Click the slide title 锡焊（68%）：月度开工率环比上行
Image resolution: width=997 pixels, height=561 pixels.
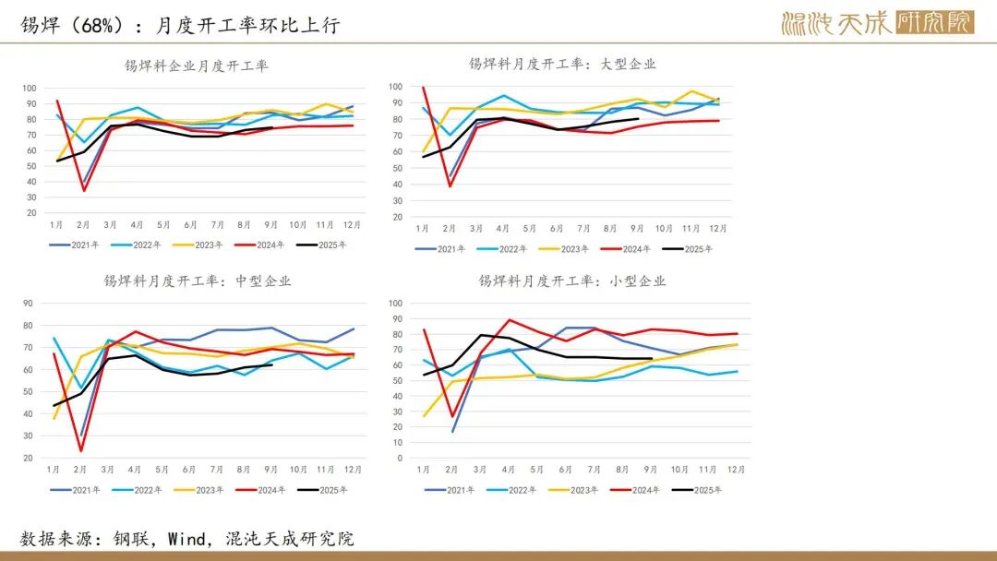(x=181, y=25)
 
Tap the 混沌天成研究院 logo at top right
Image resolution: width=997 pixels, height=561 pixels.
(x=877, y=23)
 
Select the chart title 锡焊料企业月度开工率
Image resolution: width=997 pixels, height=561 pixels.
(x=197, y=66)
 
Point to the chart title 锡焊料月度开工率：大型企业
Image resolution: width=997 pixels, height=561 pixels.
(x=562, y=64)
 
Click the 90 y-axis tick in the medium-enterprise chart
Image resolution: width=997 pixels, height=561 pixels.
(x=28, y=303)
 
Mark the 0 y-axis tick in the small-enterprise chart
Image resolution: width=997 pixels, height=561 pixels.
(x=399, y=458)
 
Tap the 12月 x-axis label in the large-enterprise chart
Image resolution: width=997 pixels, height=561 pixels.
(x=718, y=228)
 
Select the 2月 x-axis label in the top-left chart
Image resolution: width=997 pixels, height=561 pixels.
(x=83, y=226)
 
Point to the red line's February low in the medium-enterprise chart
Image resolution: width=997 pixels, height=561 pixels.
(x=82, y=450)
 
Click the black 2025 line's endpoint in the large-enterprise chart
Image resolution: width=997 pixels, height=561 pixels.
(x=638, y=118)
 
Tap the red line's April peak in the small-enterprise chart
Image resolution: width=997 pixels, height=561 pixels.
(x=510, y=320)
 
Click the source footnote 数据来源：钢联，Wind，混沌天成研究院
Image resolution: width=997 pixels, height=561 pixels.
(x=187, y=539)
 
